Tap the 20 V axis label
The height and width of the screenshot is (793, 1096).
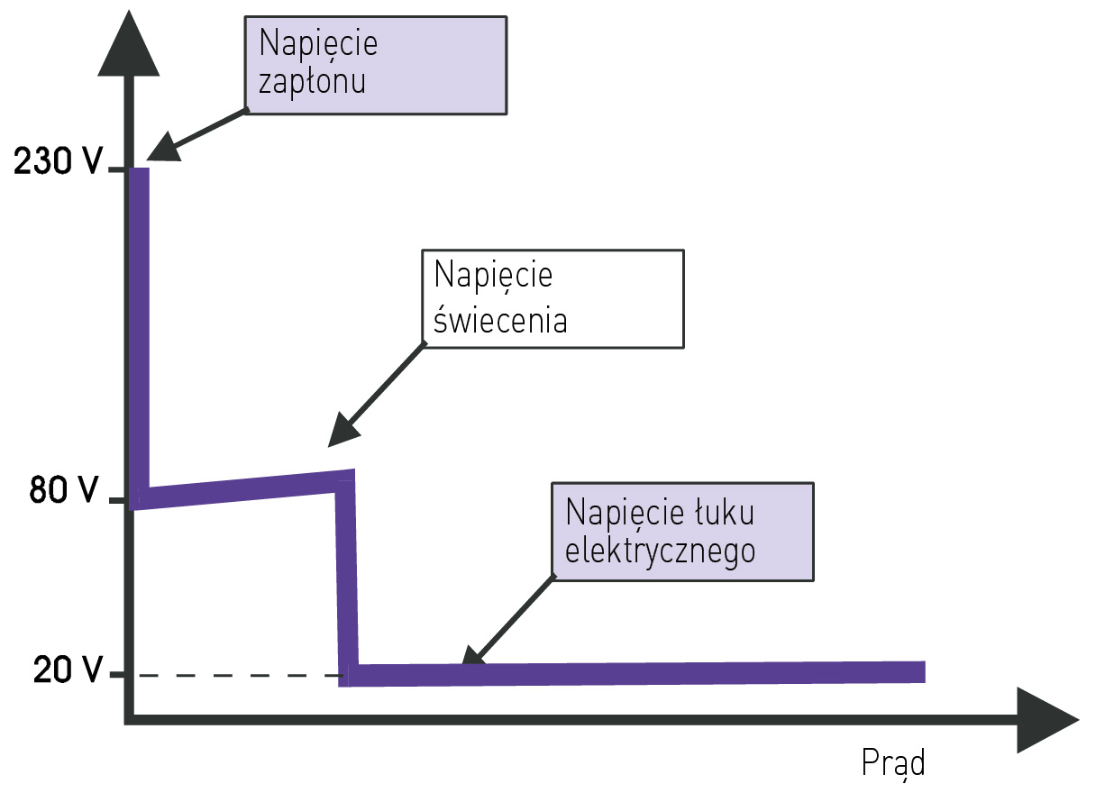(66, 670)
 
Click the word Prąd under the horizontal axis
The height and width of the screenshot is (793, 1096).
(893, 762)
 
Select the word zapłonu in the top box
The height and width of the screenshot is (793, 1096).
(312, 82)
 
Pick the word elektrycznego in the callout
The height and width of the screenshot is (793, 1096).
(660, 550)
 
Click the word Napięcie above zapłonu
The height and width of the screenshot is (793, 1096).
(317, 42)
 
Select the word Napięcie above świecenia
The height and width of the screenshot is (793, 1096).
(493, 274)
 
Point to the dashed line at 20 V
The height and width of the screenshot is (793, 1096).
(234, 675)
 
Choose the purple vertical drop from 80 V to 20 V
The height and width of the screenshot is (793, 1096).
(347, 577)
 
